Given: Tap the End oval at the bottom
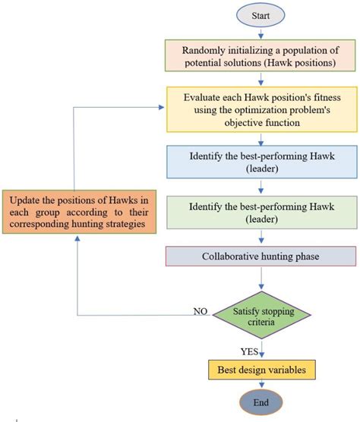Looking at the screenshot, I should (x=261, y=402).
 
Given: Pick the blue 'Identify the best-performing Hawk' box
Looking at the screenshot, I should (x=261, y=162).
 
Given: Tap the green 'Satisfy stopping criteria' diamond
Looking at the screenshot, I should (x=261, y=314).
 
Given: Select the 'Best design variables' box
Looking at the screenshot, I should (x=261, y=369).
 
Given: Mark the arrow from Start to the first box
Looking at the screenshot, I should (x=261, y=33).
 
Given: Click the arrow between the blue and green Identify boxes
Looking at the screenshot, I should (x=261, y=188).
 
